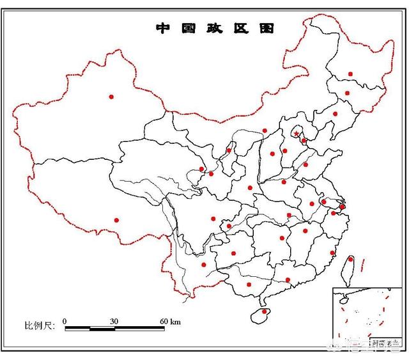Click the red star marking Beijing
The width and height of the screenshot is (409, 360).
(x=297, y=134)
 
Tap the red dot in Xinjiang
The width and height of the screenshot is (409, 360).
(x=111, y=97)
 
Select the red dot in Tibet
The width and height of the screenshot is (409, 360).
(x=116, y=220)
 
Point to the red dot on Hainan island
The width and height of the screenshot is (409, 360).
(x=264, y=312)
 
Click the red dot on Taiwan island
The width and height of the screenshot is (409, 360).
(x=350, y=259)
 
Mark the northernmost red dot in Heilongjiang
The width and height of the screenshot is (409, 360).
(x=350, y=74)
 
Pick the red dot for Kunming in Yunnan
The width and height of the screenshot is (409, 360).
(x=204, y=264)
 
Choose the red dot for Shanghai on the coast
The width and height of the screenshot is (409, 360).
(x=343, y=207)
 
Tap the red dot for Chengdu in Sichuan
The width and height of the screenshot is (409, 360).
(x=213, y=219)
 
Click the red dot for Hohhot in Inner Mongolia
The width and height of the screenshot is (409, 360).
(x=265, y=130)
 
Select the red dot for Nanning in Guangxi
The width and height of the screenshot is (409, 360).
(x=249, y=285)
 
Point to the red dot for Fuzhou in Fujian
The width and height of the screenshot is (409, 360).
(x=332, y=253)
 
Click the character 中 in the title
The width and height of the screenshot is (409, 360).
(x=163, y=28)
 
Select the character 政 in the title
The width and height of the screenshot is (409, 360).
(x=214, y=28)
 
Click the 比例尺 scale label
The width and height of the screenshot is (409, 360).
(x=40, y=325)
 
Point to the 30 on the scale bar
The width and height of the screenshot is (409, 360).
(x=114, y=320)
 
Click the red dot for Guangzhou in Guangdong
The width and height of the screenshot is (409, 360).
(x=288, y=279)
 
